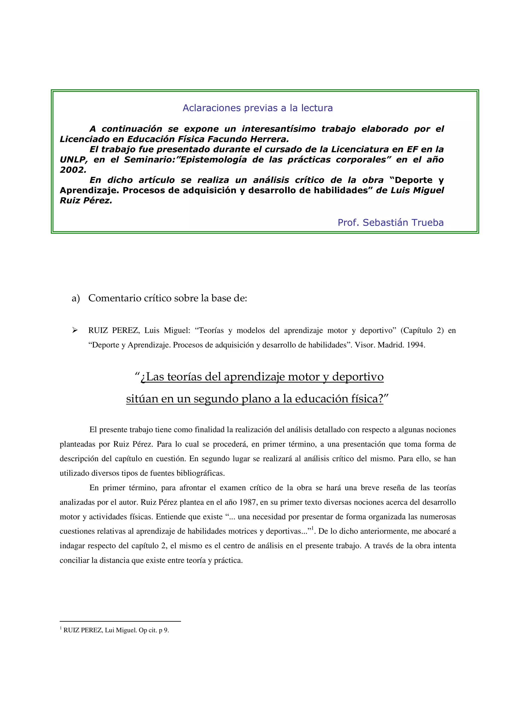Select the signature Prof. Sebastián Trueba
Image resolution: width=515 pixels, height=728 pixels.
pos(390,223)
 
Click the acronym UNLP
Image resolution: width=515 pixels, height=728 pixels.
pos(73,160)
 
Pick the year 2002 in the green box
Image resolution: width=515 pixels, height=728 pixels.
pos(73,170)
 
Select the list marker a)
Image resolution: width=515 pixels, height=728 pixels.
pos(75,298)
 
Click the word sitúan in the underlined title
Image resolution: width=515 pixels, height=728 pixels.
pos(142,399)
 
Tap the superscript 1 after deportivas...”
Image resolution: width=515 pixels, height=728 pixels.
pos(313,528)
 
